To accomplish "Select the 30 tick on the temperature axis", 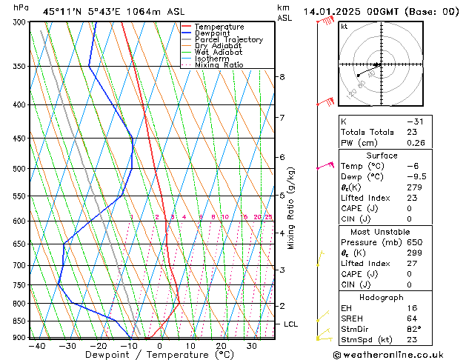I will (x=253, y=346).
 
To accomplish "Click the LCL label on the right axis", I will (x=291, y=324).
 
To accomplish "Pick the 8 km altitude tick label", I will (x=282, y=77).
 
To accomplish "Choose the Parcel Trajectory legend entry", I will (x=229, y=40).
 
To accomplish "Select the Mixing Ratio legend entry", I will (x=219, y=65).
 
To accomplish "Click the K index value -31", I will (x=415, y=121).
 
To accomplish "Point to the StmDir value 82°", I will (x=414, y=329).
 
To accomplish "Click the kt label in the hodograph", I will (x=344, y=27).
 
